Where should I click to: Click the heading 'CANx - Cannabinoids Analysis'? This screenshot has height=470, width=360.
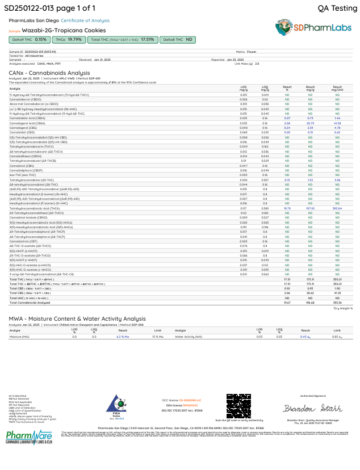pyautogui.click(x=49, y=73)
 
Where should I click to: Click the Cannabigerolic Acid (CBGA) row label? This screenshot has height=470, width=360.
pyautogui.click(x=27, y=123)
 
